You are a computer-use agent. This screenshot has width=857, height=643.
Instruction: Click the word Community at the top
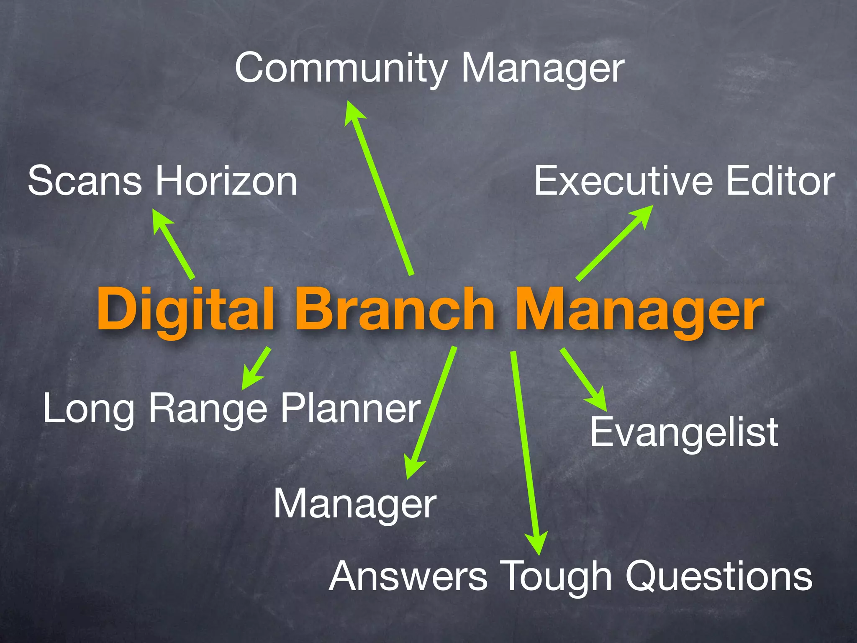[341, 68]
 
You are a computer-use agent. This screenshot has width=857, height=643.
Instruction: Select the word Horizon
[226, 181]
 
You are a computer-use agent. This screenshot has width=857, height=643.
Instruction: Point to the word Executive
[623, 181]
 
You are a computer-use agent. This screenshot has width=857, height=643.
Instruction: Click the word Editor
[781, 181]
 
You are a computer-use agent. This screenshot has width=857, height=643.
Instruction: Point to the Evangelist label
[684, 432]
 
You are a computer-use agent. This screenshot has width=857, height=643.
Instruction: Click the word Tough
[556, 577]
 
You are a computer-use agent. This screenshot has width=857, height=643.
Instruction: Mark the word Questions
[718, 577]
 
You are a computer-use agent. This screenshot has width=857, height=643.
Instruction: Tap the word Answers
[408, 577]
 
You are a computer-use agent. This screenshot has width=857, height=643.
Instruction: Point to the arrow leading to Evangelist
[584, 379]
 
